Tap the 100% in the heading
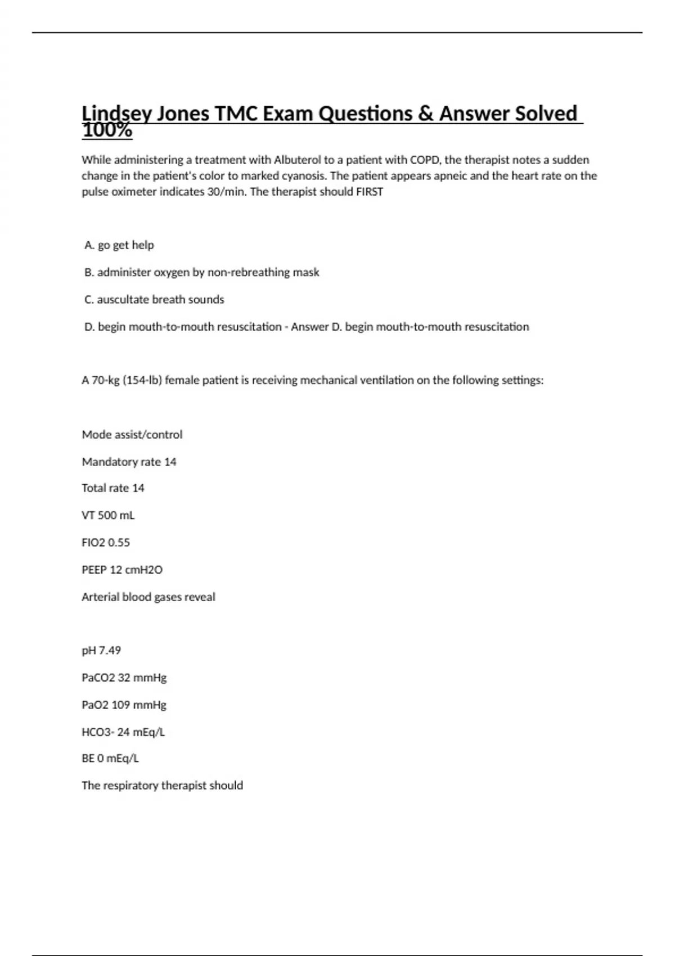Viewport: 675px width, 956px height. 107,131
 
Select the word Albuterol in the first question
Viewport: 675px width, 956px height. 297,160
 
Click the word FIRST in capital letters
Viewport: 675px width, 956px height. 370,192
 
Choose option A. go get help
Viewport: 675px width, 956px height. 119,245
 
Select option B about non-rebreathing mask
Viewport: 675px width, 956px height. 202,272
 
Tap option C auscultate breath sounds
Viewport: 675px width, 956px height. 154,300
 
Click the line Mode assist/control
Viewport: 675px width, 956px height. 132,435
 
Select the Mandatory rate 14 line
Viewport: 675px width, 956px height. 129,462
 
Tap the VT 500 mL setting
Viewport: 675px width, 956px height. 108,515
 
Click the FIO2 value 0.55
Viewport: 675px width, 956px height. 119,543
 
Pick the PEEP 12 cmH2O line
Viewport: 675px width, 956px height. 122,570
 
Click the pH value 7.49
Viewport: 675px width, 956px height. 110,651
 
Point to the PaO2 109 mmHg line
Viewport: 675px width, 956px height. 124,705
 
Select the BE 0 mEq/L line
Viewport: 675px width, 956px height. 110,759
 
